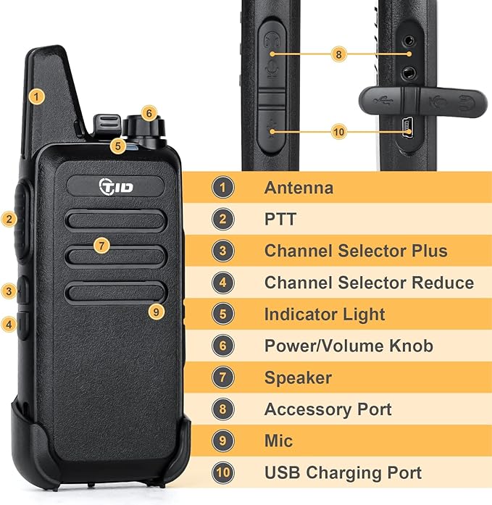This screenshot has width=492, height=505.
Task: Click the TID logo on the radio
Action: click(117, 186)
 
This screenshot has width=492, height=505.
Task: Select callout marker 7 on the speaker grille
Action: click(101, 246)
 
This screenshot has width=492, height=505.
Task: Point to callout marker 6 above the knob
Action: click(148, 113)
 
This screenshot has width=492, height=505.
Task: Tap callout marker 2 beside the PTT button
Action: click(9, 218)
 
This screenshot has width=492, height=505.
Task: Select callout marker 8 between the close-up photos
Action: click(338, 53)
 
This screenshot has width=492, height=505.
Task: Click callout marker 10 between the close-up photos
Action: click(338, 131)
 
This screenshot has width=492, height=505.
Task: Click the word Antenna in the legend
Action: click(299, 188)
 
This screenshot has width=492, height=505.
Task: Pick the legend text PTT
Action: click(280, 220)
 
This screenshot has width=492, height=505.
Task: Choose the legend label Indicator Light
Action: click(325, 314)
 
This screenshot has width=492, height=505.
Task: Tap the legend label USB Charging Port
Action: click(343, 473)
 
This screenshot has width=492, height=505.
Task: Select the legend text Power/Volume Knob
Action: click(349, 346)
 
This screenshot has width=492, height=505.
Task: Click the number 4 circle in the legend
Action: click(223, 283)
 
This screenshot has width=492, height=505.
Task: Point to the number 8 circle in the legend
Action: click(223, 409)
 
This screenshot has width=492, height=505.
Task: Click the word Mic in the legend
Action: click(278, 441)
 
